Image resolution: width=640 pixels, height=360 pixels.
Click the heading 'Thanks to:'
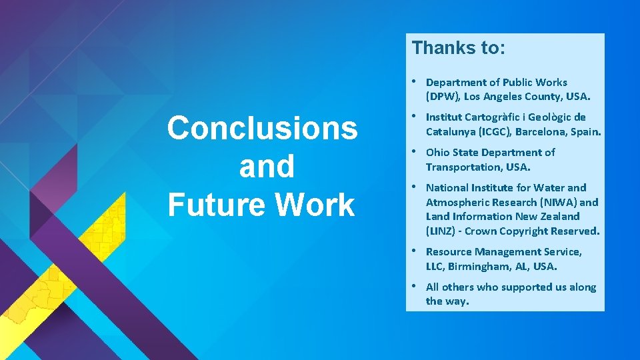(x=459, y=48)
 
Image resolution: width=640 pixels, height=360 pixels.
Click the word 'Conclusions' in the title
(x=262, y=128)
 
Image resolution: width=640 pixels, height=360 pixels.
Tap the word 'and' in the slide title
(x=266, y=167)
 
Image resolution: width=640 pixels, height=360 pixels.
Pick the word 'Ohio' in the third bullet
(x=438, y=153)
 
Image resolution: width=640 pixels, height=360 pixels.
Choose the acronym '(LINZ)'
(x=443, y=231)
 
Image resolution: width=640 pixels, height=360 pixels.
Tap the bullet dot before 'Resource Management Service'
(x=415, y=251)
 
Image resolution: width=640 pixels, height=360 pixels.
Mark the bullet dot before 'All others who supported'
(x=415, y=287)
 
